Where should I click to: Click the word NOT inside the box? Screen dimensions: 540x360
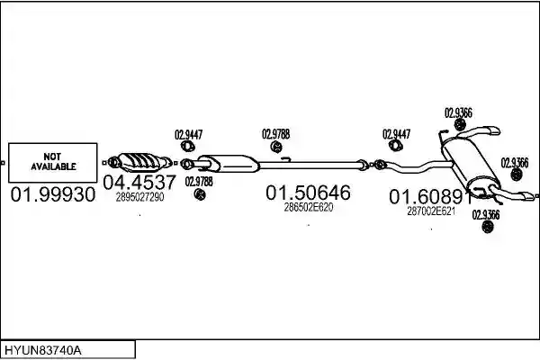[52, 157]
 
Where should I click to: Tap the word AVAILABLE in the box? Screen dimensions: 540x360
[53, 166]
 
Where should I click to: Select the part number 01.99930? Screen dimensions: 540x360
[53, 194]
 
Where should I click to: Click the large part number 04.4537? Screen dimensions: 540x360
[139, 182]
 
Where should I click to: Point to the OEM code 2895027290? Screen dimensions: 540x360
[139, 197]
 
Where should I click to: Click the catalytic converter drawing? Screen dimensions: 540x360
[140, 162]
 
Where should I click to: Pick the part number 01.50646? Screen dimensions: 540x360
[308, 193]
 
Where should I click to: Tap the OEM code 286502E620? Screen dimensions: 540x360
[309, 207]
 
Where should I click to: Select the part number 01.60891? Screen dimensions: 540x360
[431, 197]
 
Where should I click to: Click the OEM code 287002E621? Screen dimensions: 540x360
[431, 211]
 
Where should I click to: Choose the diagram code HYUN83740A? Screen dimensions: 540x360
[43, 351]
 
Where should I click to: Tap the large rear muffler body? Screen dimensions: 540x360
[470, 163]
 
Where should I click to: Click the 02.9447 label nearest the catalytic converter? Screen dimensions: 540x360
[189, 135]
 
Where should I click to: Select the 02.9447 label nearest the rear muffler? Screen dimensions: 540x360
[396, 134]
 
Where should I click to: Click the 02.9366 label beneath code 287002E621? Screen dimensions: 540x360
[486, 215]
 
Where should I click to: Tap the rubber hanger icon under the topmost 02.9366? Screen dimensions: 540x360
[460, 125]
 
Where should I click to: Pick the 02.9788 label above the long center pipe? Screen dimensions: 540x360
[276, 134]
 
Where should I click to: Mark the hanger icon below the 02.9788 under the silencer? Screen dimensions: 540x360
[200, 194]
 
